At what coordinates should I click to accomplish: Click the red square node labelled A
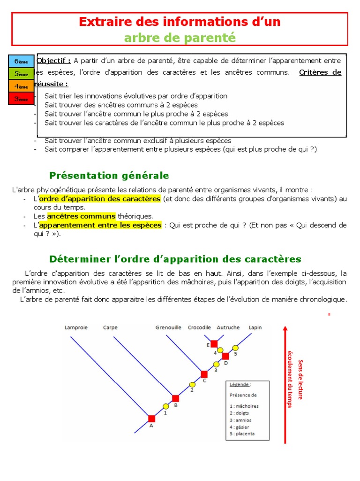coord(151,419)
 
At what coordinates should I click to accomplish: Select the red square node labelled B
coord(175,398)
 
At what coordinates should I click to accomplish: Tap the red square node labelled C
coord(204,374)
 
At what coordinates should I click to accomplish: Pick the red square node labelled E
coord(214,344)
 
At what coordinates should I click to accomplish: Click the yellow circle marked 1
coord(165,406)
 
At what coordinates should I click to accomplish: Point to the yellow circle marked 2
coord(192,384)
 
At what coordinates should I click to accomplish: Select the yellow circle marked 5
coord(236,348)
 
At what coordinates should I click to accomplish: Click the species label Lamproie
coord(75,327)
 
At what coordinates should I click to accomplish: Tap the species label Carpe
coord(110,327)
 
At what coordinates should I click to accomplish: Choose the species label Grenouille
coord(168,327)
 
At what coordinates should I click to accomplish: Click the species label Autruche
coord(228,327)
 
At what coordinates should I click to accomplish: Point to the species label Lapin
coord(255,327)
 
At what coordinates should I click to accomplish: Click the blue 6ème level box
coord(21,62)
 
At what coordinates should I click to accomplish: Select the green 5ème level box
coord(21,74)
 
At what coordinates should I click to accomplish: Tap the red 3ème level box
coord(21,99)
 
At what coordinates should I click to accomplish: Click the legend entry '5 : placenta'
coord(242,434)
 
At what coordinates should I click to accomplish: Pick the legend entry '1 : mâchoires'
coord(244,406)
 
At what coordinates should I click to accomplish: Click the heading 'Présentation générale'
coord(109,176)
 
